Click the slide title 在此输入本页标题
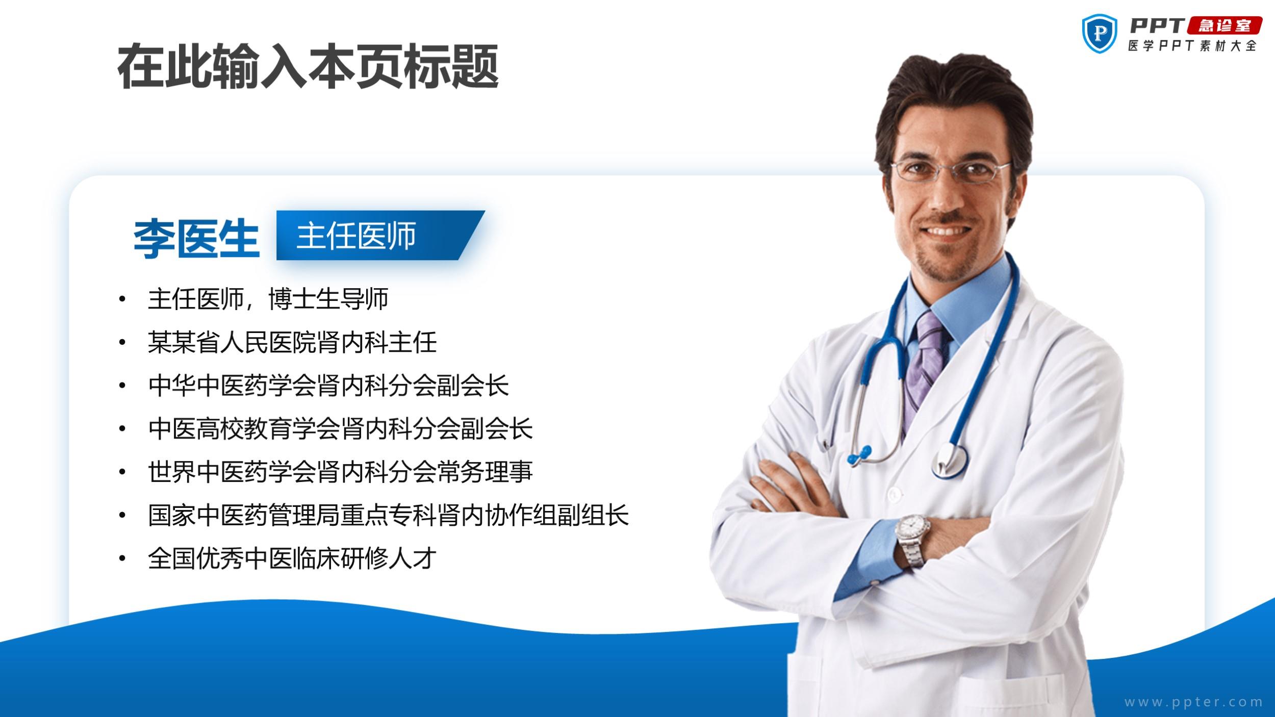coord(308,67)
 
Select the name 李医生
coord(196,238)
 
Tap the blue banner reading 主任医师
coord(380,235)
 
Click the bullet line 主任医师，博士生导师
coord(268,299)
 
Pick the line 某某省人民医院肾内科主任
coord(292,342)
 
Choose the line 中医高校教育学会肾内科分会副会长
coord(341,429)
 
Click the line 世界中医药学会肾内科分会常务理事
coord(341,472)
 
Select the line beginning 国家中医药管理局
coord(389,515)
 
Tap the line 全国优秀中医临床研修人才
coord(292,558)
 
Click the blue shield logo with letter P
coord(1099,33)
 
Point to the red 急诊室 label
coord(1225,25)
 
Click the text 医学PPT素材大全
coord(1192,46)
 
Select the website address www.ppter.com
coord(1193,702)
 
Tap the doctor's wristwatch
coord(912,540)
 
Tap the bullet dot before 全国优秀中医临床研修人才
coord(122,559)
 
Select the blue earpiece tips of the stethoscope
coord(859,454)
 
